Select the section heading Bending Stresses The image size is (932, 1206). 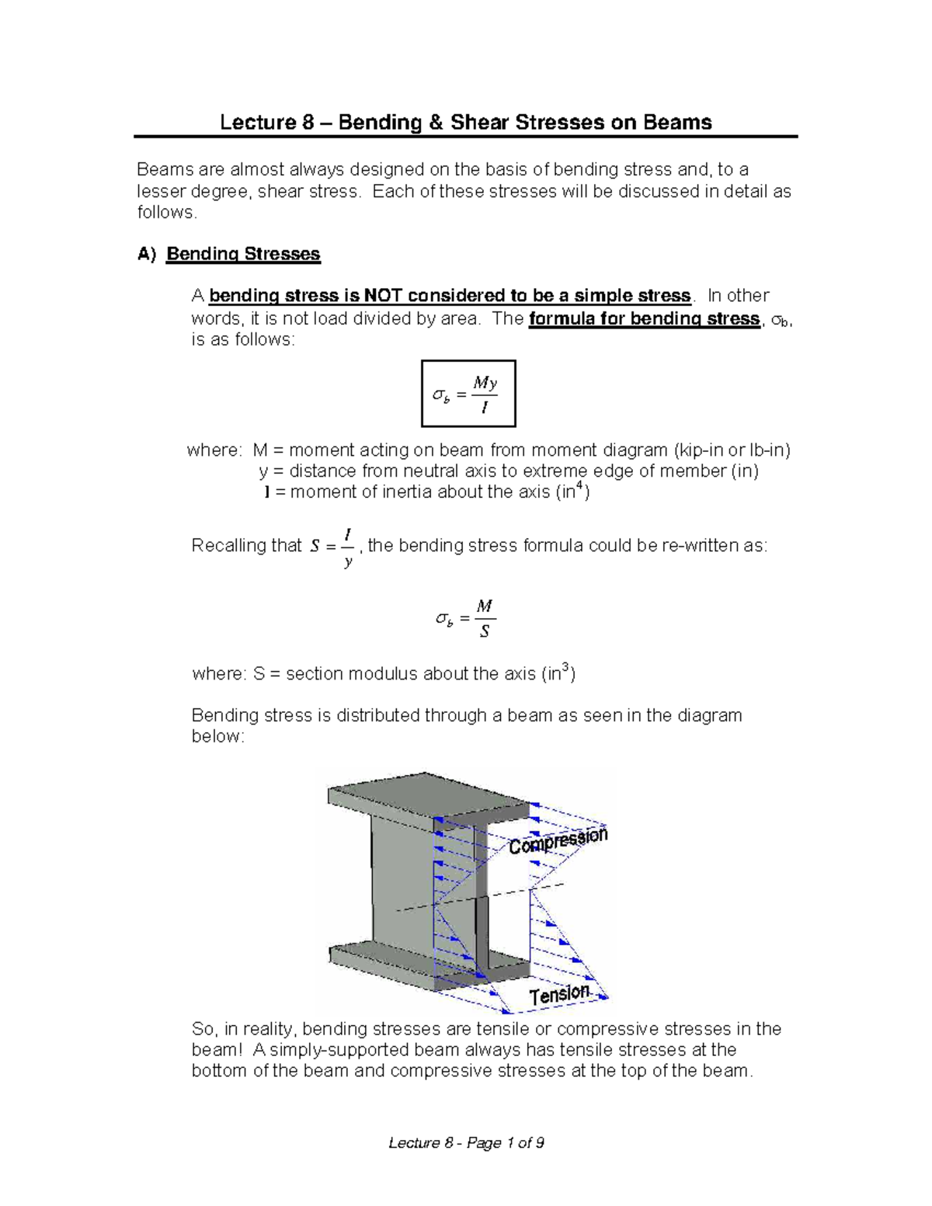243,254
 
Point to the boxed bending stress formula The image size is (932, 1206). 468,394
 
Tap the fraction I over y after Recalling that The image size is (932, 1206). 348,547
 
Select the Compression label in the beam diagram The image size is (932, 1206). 558,840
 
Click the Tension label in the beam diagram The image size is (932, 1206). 560,995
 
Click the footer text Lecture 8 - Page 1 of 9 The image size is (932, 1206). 466,1142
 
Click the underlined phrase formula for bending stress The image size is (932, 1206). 644,318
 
